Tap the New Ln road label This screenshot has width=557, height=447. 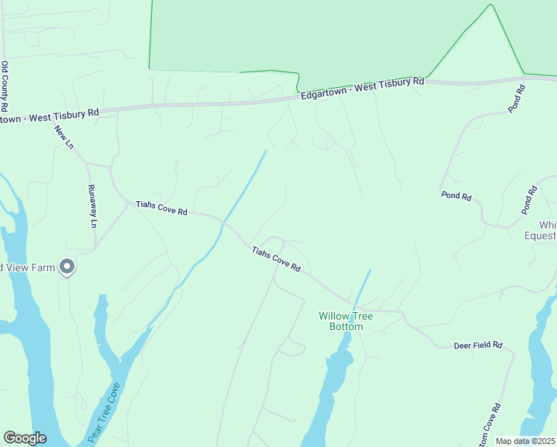tap(64, 137)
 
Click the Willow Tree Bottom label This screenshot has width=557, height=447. tap(346, 321)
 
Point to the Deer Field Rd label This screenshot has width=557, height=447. tap(479, 346)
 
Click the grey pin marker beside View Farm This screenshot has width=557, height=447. tap(67, 267)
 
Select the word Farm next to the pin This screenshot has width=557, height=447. tap(44, 267)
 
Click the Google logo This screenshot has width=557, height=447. tap(25, 438)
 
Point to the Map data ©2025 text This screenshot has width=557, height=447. tap(525, 441)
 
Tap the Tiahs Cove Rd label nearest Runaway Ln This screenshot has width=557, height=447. tap(161, 208)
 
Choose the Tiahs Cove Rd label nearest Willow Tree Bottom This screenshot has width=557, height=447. tap(276, 259)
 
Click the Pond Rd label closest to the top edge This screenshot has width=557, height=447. tap(518, 98)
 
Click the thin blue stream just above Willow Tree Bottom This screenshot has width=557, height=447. tap(362, 287)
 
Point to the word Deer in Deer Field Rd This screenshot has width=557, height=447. tap(463, 346)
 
